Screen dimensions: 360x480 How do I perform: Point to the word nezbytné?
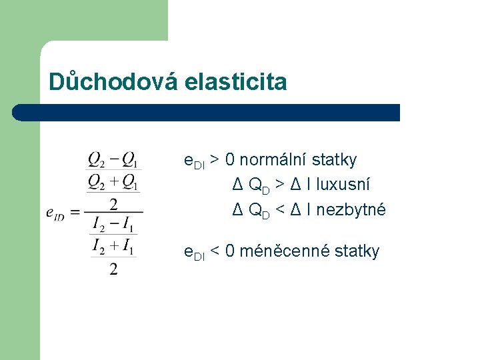point(351,209)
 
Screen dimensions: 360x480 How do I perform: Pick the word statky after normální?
point(334,160)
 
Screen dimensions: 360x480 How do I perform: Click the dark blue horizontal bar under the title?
point(207,113)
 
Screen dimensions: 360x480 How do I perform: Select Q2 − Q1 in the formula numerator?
point(113,161)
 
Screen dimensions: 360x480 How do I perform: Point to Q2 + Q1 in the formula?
point(113,181)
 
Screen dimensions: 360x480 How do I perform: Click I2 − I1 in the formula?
point(113,225)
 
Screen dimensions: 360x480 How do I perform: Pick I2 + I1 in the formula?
point(113,247)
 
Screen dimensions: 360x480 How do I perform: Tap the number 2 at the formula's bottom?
point(113,269)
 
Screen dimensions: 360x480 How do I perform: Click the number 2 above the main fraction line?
point(113,203)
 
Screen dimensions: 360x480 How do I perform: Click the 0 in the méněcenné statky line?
point(230,251)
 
